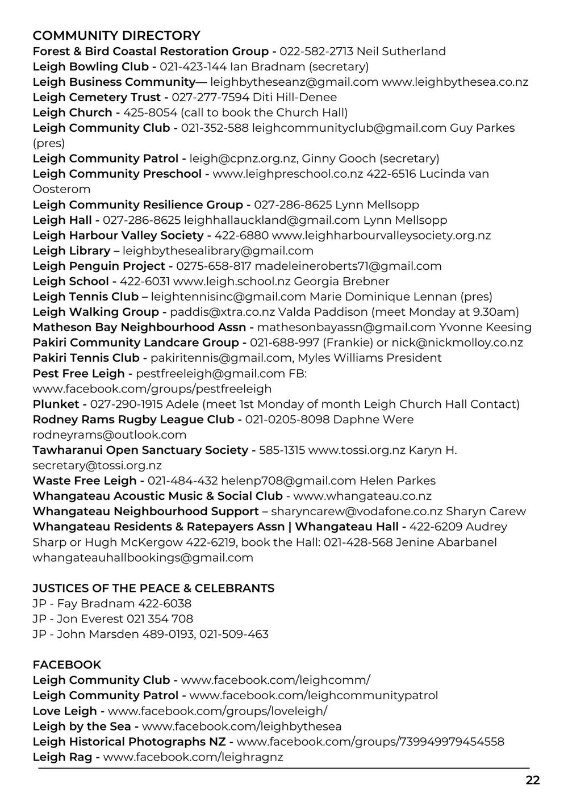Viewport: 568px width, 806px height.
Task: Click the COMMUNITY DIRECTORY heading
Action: pyautogui.click(x=116, y=36)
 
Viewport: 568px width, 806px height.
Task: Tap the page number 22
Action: pyautogui.click(x=532, y=780)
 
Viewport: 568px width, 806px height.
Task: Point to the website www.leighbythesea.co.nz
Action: pyautogui.click(x=455, y=82)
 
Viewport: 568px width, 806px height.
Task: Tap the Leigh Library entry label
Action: pyautogui.click(x=72, y=250)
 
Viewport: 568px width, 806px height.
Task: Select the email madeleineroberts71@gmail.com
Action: pyautogui.click(x=348, y=266)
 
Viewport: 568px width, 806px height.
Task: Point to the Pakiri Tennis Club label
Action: pyautogui.click(x=86, y=358)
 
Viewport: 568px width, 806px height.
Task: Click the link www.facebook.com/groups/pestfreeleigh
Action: pyautogui.click(x=152, y=389)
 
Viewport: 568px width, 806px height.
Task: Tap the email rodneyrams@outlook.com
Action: pyautogui.click(x=110, y=435)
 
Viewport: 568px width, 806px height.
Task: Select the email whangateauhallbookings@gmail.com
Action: pyautogui.click(x=143, y=557)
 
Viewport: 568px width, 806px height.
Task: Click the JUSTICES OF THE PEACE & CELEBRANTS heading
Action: pyautogui.click(x=153, y=588)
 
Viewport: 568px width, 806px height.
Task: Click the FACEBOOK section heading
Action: pyautogui.click(x=67, y=665)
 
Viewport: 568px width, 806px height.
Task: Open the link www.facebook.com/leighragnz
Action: pyautogui.click(x=193, y=757)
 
